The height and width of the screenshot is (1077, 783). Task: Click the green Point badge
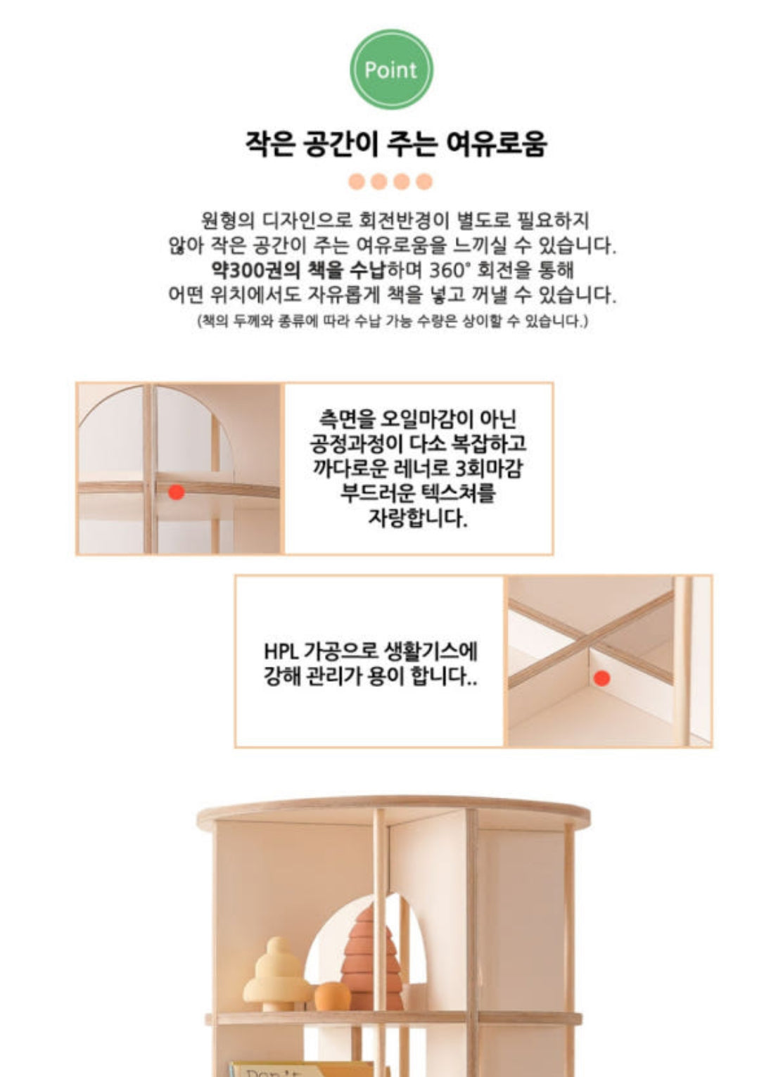tap(391, 70)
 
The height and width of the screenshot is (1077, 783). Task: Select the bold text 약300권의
tap(255, 270)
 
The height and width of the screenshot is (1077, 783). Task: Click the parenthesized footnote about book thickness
tap(392, 321)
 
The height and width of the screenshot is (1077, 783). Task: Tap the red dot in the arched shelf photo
tap(177, 492)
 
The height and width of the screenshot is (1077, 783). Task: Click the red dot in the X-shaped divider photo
tap(601, 678)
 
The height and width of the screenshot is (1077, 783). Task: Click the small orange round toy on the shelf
tap(332, 996)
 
